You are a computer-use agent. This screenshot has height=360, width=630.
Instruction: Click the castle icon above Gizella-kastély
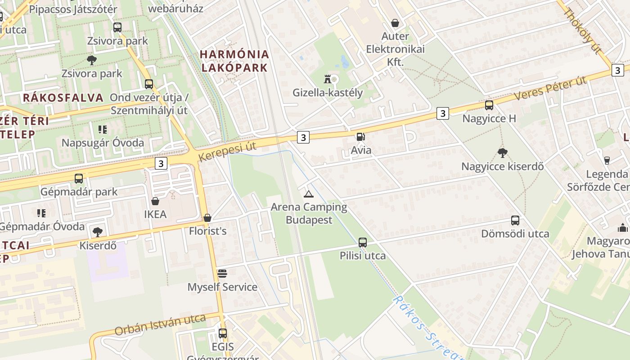coord(328,79)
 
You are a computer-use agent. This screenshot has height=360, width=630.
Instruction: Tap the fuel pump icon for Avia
coord(360,137)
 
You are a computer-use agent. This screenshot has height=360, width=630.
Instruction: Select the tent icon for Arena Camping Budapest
coord(308,194)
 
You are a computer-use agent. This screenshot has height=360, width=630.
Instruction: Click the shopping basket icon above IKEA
coord(155,201)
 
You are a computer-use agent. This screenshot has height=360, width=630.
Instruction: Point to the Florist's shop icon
coord(207,218)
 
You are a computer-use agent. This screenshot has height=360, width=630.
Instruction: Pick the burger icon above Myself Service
coord(222,274)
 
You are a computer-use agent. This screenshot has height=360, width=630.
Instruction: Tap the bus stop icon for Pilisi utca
coord(363,243)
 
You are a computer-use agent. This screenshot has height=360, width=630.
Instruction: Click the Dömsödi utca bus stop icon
coord(515,220)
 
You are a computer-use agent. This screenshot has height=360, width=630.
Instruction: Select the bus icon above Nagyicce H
coord(489,105)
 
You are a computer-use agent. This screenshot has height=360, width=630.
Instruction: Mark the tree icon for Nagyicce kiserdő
coord(503,153)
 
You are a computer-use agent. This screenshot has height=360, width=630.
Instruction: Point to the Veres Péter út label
coord(550,89)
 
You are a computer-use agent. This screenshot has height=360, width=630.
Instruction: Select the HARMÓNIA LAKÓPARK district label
coord(234,61)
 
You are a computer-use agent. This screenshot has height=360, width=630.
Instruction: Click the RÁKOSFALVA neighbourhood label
coord(63,97)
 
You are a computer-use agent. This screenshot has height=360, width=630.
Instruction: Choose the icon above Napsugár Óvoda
coord(103,130)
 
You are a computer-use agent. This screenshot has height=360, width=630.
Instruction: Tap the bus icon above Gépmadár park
coord(79,178)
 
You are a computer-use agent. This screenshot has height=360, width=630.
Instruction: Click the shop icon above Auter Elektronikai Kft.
coord(395,23)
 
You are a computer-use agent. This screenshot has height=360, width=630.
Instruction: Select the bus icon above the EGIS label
coord(223,333)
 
